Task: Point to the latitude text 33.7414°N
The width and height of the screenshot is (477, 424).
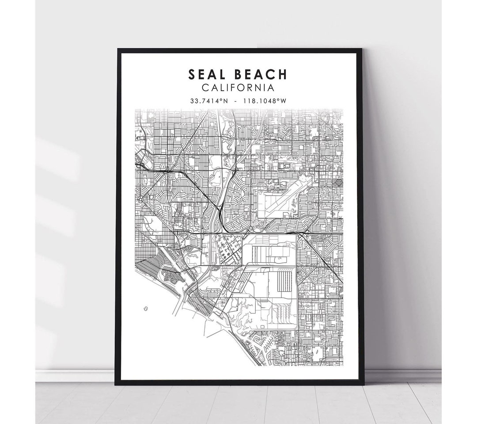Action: coord(209,100)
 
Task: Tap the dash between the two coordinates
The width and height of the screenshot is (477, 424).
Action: coord(238,101)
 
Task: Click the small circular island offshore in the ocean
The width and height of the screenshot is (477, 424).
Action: coord(145,309)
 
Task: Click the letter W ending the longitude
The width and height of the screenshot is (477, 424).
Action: coord(284,100)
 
